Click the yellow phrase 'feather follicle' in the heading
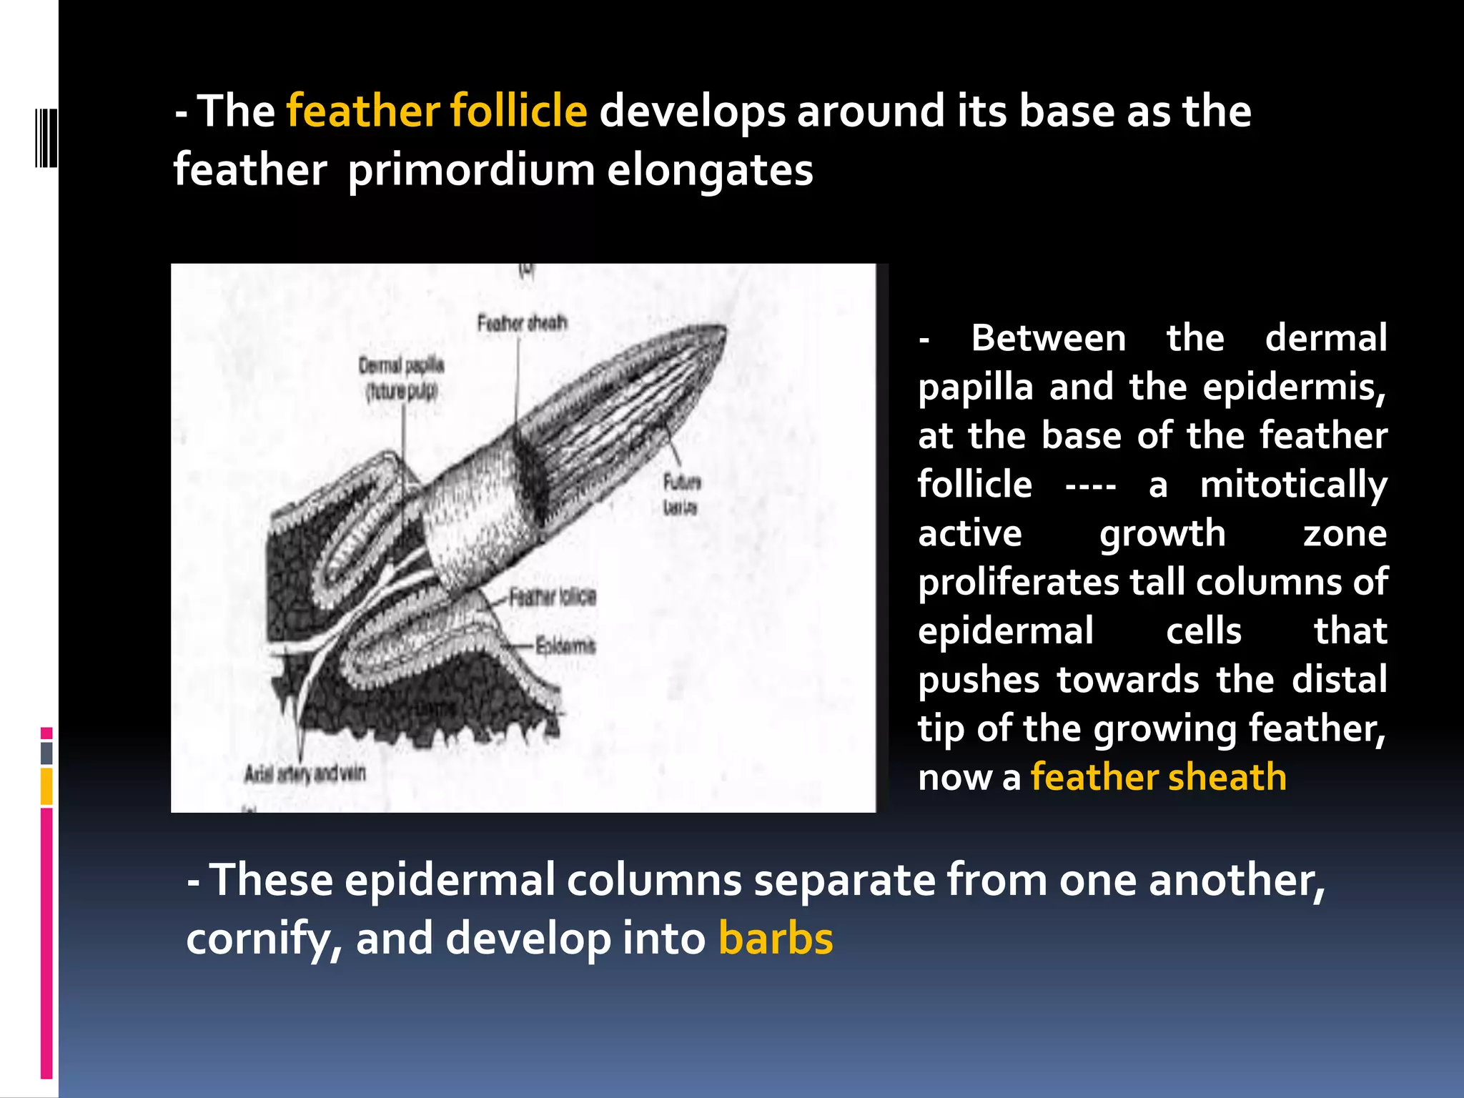(437, 112)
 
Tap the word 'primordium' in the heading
(471, 171)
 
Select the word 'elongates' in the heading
(710, 171)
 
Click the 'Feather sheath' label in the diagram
(522, 323)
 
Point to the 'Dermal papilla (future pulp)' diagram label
(401, 378)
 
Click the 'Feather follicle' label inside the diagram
(553, 597)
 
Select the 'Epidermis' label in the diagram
(565, 646)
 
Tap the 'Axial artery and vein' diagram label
(305, 773)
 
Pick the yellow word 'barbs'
(776, 939)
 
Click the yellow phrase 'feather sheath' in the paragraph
(1158, 777)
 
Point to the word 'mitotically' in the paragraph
(1293, 485)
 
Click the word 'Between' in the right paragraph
(1048, 338)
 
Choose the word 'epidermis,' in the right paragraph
(1294, 387)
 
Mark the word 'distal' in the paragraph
(1339, 680)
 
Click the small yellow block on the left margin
(46, 786)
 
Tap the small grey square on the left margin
(46, 753)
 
